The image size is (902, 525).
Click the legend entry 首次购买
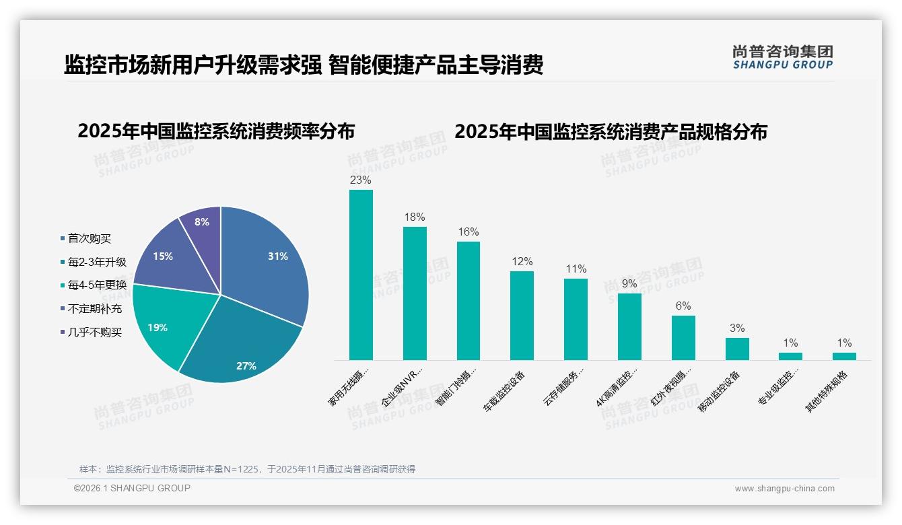[x=89, y=238]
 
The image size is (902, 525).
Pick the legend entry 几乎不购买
[x=94, y=332]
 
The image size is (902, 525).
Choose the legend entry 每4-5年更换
[x=96, y=285]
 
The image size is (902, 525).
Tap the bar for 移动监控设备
[x=737, y=349]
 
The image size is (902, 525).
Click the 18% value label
[x=415, y=217]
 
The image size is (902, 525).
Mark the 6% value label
[x=683, y=306]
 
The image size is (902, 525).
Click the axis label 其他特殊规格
[x=828, y=392]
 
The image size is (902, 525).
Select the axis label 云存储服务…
[x=565, y=388]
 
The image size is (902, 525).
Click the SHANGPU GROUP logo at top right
[x=783, y=57]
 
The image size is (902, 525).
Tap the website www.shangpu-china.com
[x=784, y=489]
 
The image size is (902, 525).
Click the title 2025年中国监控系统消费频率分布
[x=215, y=131]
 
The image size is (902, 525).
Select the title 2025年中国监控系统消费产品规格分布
[x=611, y=131]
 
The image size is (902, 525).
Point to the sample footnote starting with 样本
[x=247, y=469]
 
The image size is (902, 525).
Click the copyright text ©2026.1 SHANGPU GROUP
[x=132, y=488]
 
